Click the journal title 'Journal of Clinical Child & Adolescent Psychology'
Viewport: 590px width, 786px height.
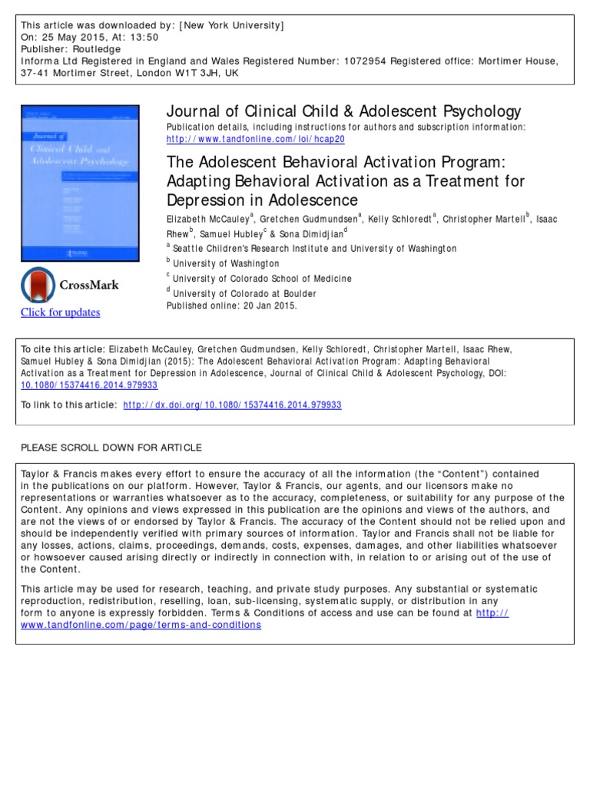click(343, 111)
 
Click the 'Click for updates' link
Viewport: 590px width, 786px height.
click(60, 312)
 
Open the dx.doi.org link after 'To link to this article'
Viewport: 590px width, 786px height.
click(233, 405)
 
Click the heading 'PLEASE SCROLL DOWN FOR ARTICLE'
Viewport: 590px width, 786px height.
click(111, 447)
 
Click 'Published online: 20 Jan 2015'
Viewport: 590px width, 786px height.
click(231, 305)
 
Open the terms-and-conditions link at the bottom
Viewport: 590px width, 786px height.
click(141, 625)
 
